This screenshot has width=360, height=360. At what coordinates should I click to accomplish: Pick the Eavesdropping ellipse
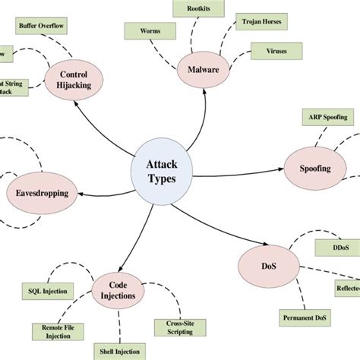42,194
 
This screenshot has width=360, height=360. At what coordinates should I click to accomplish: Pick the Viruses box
276,52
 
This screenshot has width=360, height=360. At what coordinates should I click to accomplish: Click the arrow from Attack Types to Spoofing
235,174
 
